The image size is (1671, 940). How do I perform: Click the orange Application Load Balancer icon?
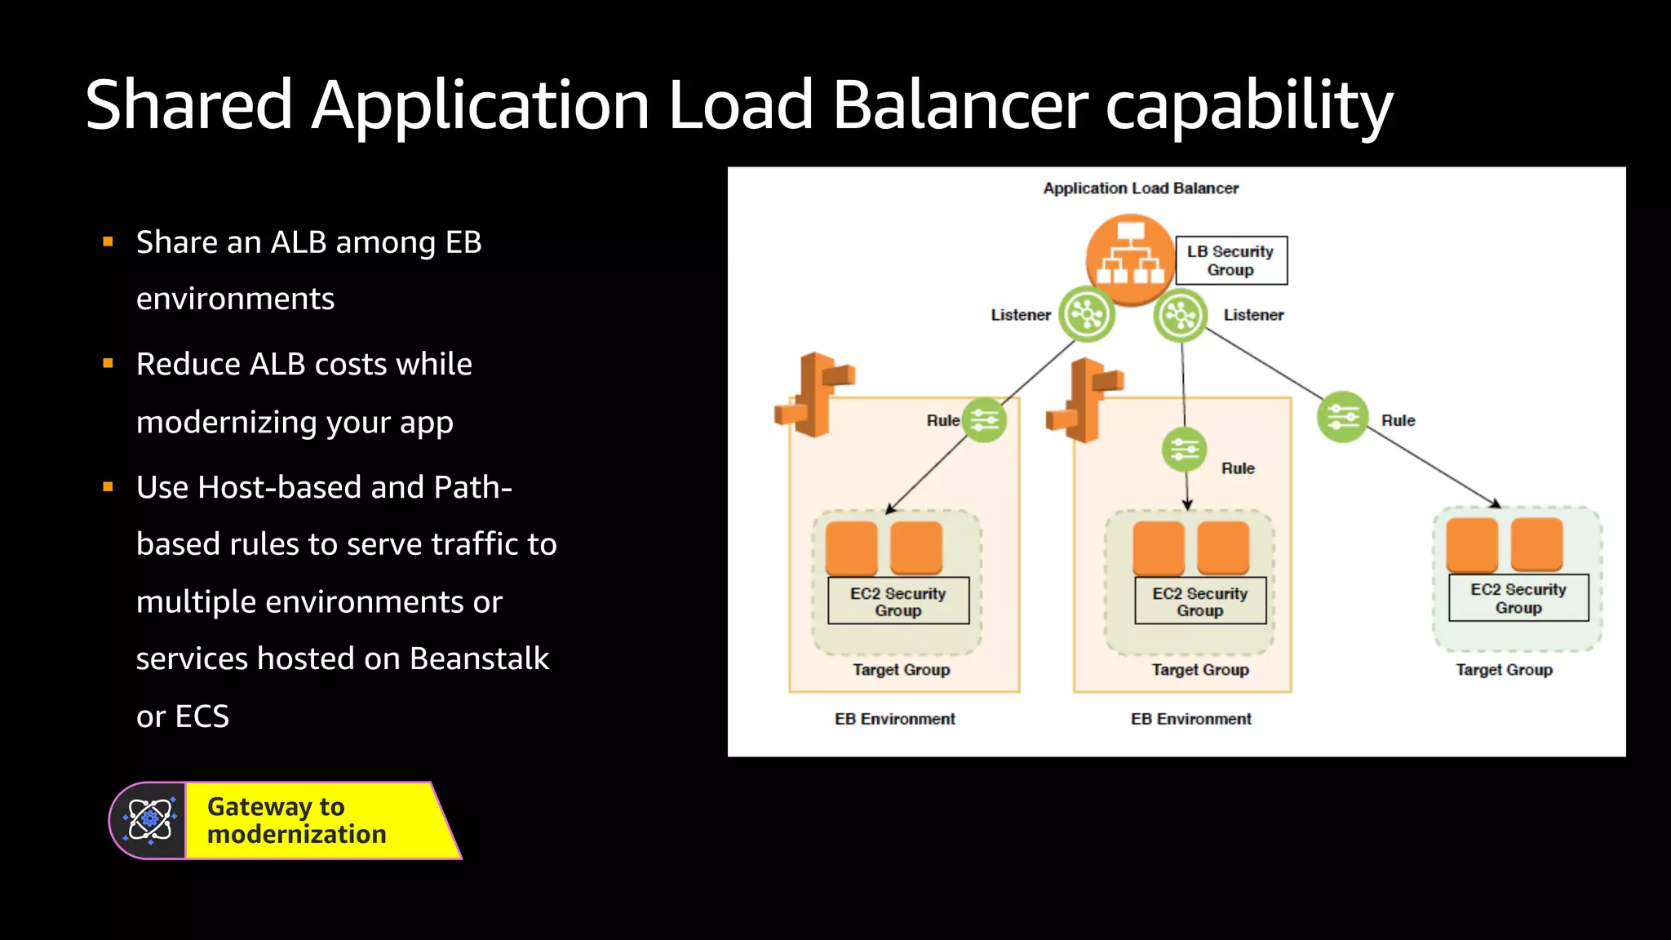[x=1130, y=257]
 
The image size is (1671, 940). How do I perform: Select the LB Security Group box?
[x=1230, y=260]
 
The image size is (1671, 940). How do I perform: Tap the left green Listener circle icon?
[x=1087, y=314]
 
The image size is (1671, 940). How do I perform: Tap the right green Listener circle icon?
[x=1180, y=315]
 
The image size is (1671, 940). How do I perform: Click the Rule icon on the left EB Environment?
[x=984, y=420]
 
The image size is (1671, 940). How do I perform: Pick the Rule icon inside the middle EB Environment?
[x=1184, y=450]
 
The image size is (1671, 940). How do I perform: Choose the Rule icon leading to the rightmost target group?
[x=1342, y=417]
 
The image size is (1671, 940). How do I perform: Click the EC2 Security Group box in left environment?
[x=898, y=601]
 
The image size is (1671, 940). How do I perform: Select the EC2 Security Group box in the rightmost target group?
[x=1518, y=598]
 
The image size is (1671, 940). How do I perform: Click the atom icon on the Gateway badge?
[x=149, y=819]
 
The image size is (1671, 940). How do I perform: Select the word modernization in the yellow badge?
[x=296, y=835]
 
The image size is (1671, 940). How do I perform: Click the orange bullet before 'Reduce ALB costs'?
[x=108, y=363]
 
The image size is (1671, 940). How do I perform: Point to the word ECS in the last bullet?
[x=202, y=716]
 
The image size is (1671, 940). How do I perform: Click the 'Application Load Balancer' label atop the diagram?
[x=1140, y=188]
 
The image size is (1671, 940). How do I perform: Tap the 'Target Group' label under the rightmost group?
[x=1504, y=670]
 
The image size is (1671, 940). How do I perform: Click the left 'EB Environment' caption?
[x=894, y=719]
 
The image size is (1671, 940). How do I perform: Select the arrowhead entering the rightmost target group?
[x=1496, y=504]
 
